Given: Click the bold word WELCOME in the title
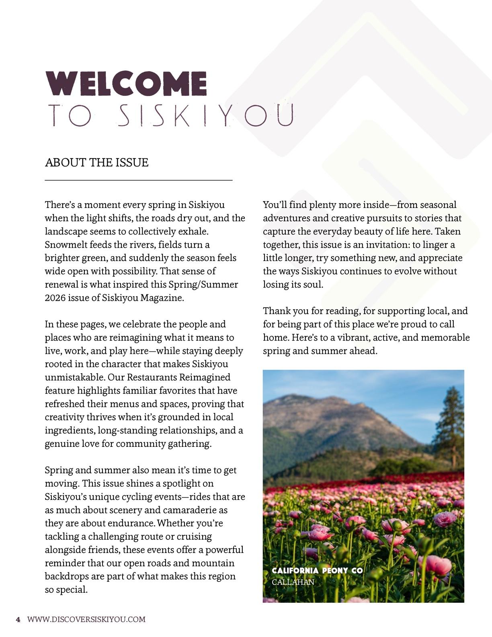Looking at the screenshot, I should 126,83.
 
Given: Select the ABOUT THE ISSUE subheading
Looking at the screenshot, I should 97,162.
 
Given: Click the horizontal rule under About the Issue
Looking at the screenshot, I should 139,180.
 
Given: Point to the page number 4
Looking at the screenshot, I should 18,619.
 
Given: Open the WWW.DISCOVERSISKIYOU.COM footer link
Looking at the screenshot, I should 86,619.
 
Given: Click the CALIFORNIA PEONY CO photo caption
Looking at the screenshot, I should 317,571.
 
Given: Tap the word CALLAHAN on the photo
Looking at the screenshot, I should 293,582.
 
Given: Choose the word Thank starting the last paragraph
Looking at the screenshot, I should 277,311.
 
